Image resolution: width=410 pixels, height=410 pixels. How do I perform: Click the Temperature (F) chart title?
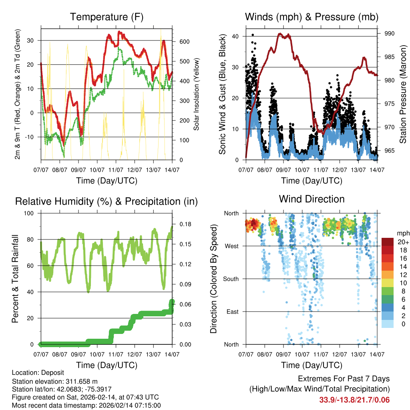click(107, 17)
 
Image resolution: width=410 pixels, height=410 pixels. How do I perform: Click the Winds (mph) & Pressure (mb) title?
click(312, 17)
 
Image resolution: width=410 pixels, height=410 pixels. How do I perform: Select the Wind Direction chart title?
click(312, 199)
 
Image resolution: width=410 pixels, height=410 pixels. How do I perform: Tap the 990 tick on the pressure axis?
click(389, 33)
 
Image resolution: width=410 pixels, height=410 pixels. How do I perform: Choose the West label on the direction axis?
click(232, 246)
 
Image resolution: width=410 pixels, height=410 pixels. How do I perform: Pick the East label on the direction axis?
click(233, 312)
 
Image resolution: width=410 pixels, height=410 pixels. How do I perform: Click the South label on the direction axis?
click(231, 279)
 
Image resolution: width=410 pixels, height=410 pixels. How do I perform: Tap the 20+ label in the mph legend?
click(402, 242)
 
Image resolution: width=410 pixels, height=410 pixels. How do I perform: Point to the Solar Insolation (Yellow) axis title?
click(197, 94)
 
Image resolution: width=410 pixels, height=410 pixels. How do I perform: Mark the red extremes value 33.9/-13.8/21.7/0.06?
click(354, 400)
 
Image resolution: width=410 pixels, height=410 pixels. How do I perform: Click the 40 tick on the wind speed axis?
click(235, 36)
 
